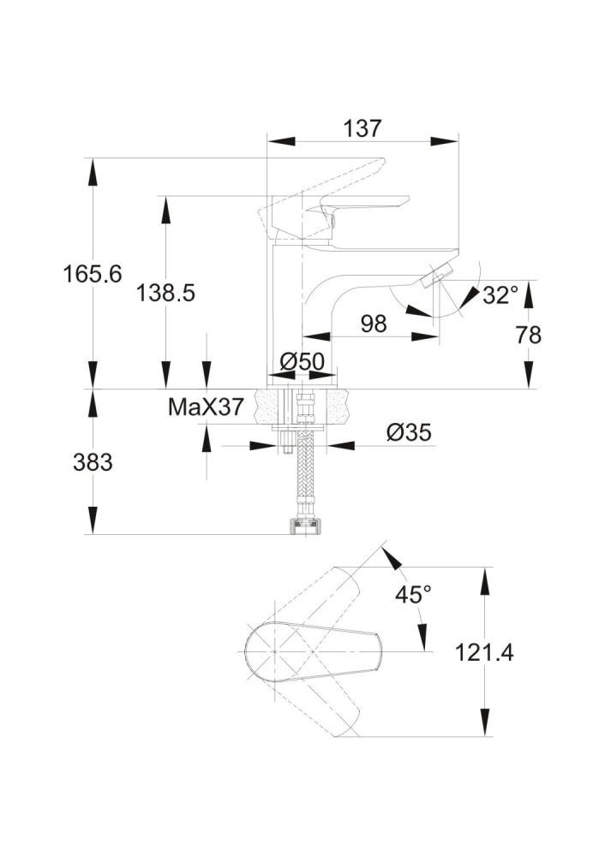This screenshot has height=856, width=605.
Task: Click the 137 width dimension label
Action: pos(362,129)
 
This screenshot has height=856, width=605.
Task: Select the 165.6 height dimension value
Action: pos(93,275)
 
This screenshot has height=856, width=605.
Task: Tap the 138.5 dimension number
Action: pos(166,293)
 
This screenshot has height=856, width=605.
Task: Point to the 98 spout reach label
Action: pos(374,324)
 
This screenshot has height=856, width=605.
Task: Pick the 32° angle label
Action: pos(500,295)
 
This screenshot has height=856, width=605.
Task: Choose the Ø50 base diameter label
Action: pos(302,362)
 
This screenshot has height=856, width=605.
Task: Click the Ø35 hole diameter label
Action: pos(408,433)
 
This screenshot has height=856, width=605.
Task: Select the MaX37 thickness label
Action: pos(205,407)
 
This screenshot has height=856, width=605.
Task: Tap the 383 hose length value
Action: pos(93,463)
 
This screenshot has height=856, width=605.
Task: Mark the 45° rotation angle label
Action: pos(414,594)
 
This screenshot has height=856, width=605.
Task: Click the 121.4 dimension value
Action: pos(485,653)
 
